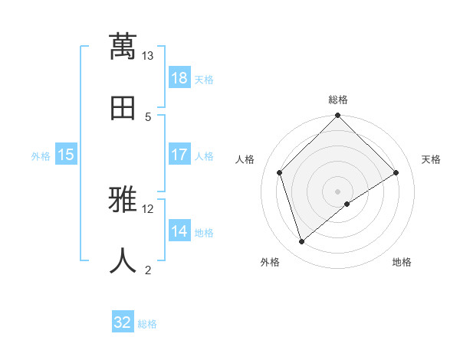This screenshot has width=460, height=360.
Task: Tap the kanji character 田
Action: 123,107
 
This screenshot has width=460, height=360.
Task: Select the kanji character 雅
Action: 123,201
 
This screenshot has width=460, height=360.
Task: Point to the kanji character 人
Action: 123,260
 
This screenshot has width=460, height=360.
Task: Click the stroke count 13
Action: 148,55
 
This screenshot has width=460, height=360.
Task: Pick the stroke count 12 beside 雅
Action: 148,208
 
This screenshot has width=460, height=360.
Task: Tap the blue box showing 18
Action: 179,78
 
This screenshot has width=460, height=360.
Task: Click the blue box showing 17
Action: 179,155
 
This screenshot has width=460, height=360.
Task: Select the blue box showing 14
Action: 179,231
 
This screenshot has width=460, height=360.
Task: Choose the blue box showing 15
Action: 66,155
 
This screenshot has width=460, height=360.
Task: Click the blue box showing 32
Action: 123,322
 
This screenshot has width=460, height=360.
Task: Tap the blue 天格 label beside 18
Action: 204,79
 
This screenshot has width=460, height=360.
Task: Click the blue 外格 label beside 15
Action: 41,155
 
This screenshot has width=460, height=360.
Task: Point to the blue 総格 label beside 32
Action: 147,323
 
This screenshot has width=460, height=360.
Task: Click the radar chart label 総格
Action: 338,100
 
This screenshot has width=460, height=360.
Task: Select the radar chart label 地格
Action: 402,262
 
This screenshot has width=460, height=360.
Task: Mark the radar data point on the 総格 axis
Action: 338,116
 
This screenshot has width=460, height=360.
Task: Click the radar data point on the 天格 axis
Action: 396,172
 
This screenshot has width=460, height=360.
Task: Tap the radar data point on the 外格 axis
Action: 301,242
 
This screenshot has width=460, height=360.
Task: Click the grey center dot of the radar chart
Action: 338,191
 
